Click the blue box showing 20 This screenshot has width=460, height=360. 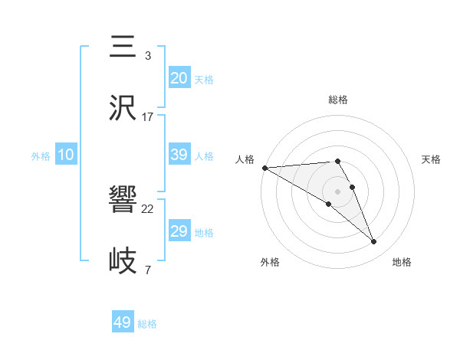179,78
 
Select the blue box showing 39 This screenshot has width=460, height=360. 179,155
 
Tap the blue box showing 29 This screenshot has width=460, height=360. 179,231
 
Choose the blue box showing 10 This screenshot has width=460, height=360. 66,155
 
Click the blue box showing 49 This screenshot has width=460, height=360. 123,322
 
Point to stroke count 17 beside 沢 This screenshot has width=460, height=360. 148,117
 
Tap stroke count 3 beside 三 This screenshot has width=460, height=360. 148,56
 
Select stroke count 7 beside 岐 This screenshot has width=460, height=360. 148,270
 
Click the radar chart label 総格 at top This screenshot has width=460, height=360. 337,100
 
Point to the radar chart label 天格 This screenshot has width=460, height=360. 431,159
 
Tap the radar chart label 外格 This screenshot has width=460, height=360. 270,262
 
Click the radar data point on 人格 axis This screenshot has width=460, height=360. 264,168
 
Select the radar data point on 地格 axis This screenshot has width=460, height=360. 373,241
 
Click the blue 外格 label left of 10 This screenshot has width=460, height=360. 41,155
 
